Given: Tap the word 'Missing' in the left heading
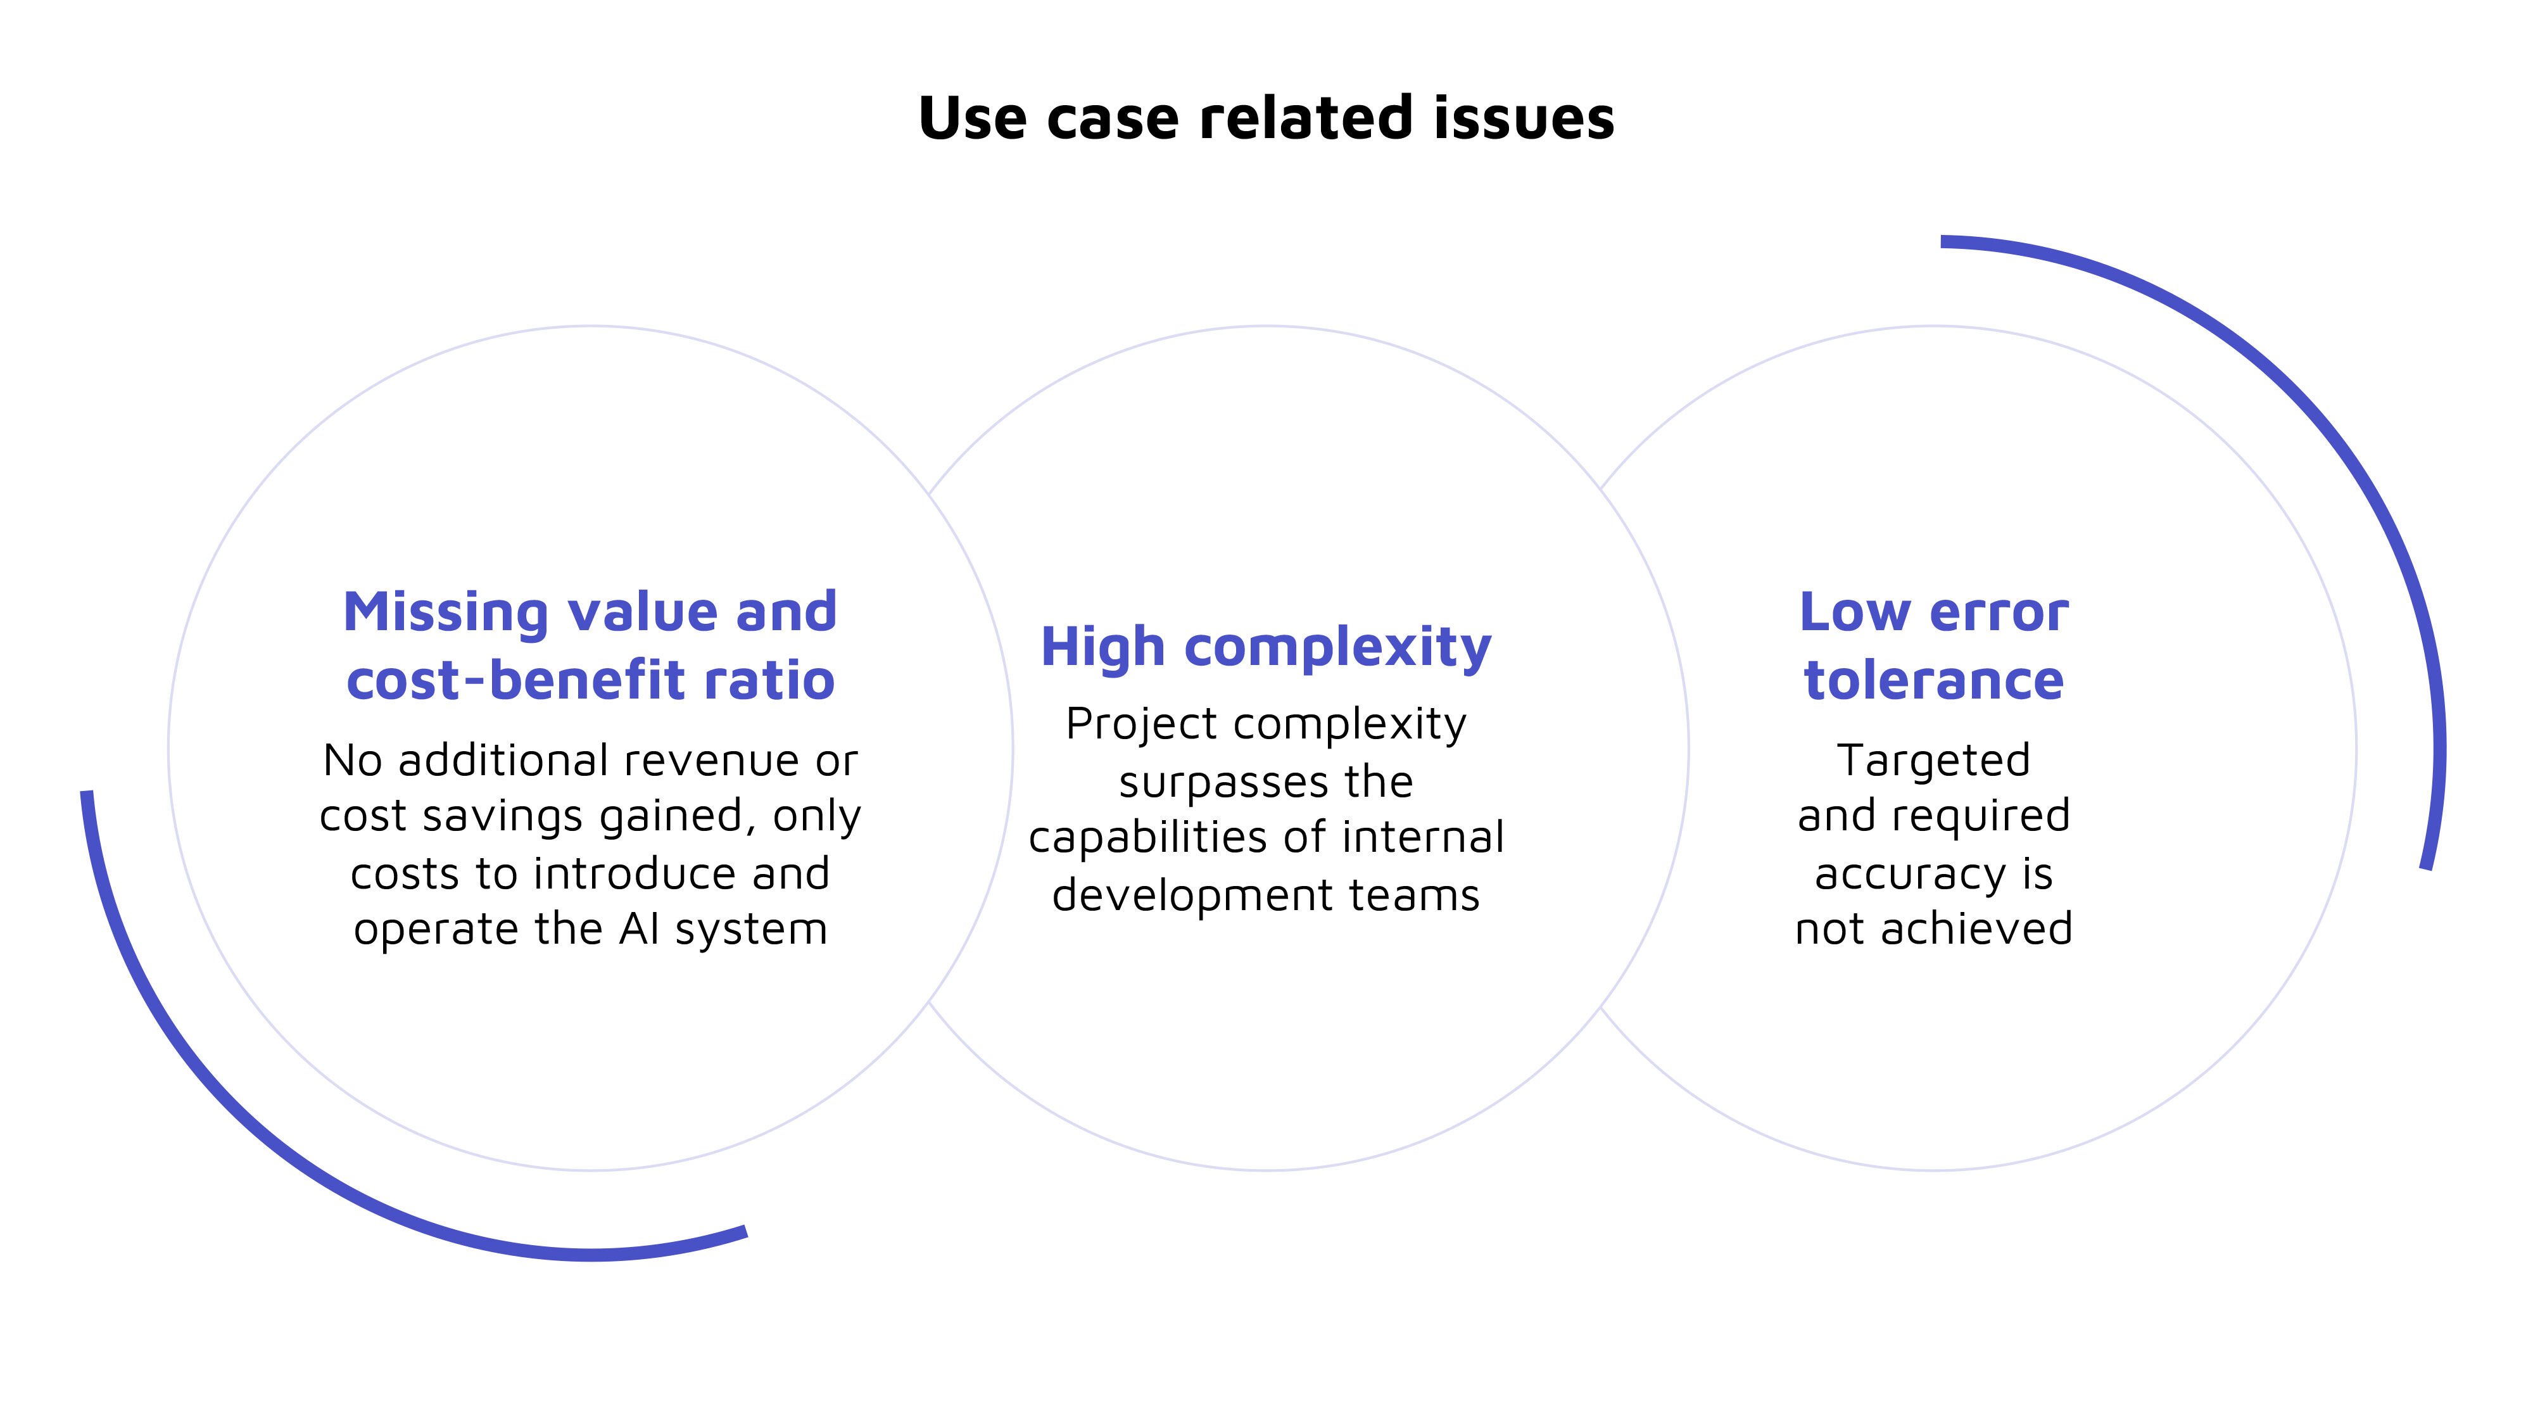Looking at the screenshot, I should tap(445, 614).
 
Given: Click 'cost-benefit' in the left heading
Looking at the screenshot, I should tap(514, 681).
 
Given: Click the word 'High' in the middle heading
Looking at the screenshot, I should tap(1102, 648).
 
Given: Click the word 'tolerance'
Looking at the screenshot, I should tap(1933, 681).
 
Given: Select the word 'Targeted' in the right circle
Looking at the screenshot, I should tap(1933, 761).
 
